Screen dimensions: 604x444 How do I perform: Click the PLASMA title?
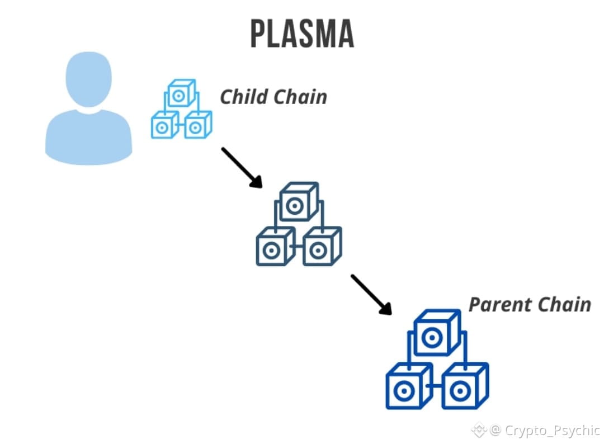303,34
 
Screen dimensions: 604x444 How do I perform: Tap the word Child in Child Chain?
244,96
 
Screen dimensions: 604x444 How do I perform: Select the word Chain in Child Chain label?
300,96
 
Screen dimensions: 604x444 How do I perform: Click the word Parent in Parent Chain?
499,305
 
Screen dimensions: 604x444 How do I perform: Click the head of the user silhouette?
88,79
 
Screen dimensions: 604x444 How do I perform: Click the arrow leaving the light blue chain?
242,168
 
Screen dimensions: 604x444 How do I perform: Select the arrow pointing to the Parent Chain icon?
371,295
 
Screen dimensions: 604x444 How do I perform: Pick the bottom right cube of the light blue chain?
198,125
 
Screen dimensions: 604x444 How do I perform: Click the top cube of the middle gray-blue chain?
299,202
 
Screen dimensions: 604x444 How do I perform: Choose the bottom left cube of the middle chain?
276,247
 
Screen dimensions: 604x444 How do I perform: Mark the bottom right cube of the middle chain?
322,247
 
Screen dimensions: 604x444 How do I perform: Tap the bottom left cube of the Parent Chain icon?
409,386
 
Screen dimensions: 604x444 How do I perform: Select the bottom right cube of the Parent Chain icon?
465,386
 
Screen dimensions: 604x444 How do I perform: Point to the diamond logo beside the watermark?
479,430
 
